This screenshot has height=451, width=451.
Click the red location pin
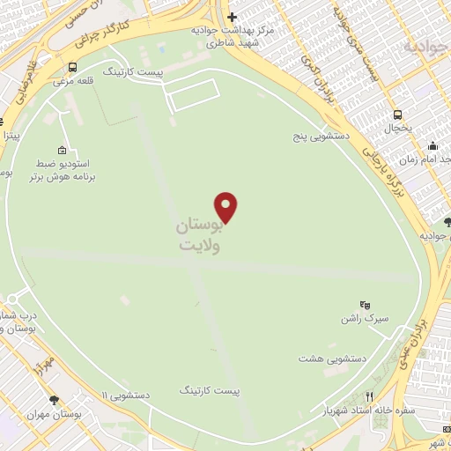coord(226,206)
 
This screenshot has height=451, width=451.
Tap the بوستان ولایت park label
coord(198,235)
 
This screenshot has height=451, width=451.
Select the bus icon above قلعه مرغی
coord(72,66)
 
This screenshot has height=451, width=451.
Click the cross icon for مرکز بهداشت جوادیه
coord(233,17)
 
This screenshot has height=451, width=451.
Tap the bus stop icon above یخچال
coord(398,115)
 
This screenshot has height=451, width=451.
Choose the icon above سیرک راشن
coord(366,304)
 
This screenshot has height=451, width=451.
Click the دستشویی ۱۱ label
coord(125,396)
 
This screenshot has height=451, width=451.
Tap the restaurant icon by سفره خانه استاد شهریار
coord(371,396)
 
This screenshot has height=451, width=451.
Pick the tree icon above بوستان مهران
coord(55,399)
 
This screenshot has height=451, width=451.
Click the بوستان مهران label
coord(54,414)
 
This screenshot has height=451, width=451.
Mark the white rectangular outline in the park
coord(192,94)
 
